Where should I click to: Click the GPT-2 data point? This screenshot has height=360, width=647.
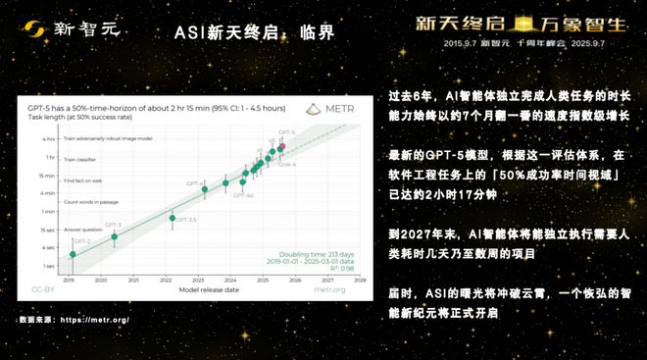click(72, 256)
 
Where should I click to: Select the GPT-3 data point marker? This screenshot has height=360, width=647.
click(116, 236)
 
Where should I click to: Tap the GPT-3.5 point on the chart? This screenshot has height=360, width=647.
click(173, 219)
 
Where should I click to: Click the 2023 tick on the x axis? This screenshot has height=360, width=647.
click(199, 280)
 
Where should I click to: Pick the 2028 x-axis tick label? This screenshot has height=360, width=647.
click(360, 280)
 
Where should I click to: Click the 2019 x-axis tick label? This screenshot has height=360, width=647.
click(69, 280)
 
